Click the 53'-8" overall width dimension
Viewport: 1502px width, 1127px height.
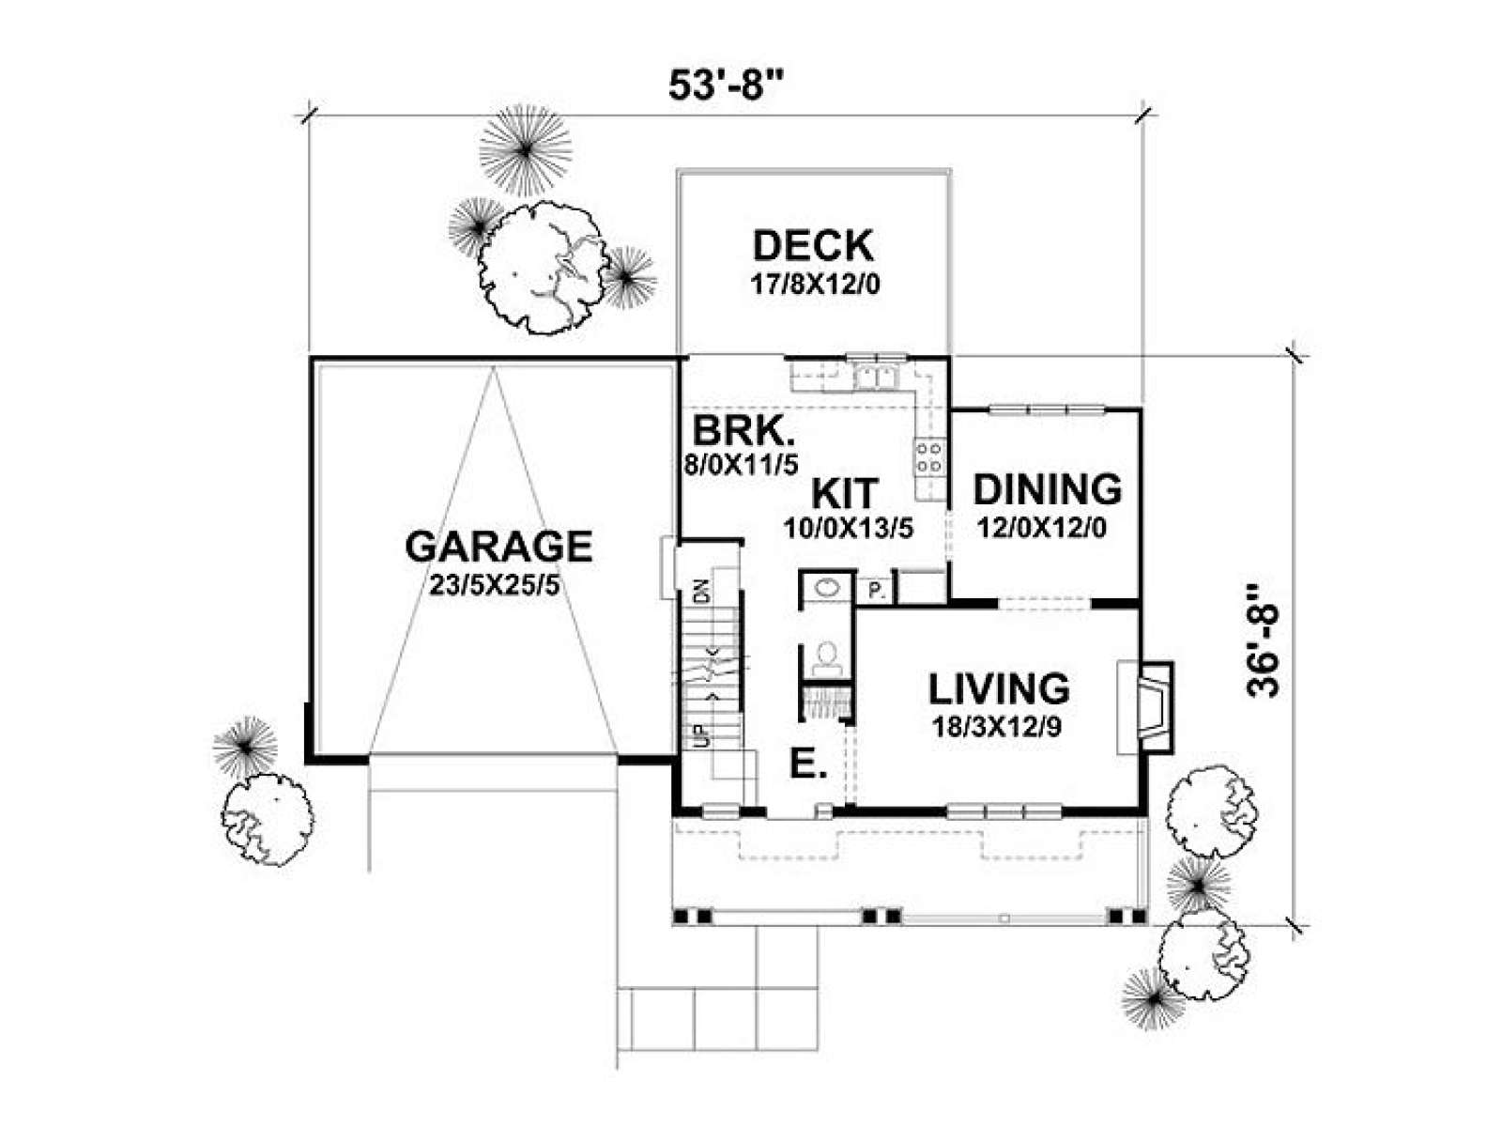[x=726, y=85]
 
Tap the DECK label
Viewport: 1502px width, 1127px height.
[x=813, y=246]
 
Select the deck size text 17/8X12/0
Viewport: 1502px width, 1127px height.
[x=814, y=284]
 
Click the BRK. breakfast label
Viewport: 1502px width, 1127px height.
[x=744, y=431]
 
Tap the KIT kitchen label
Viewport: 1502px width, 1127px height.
[x=844, y=492]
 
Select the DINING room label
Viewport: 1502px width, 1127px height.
[x=1047, y=489]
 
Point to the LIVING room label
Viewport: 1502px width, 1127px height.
[x=999, y=689]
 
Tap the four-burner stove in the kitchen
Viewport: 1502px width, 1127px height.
[x=928, y=457]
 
